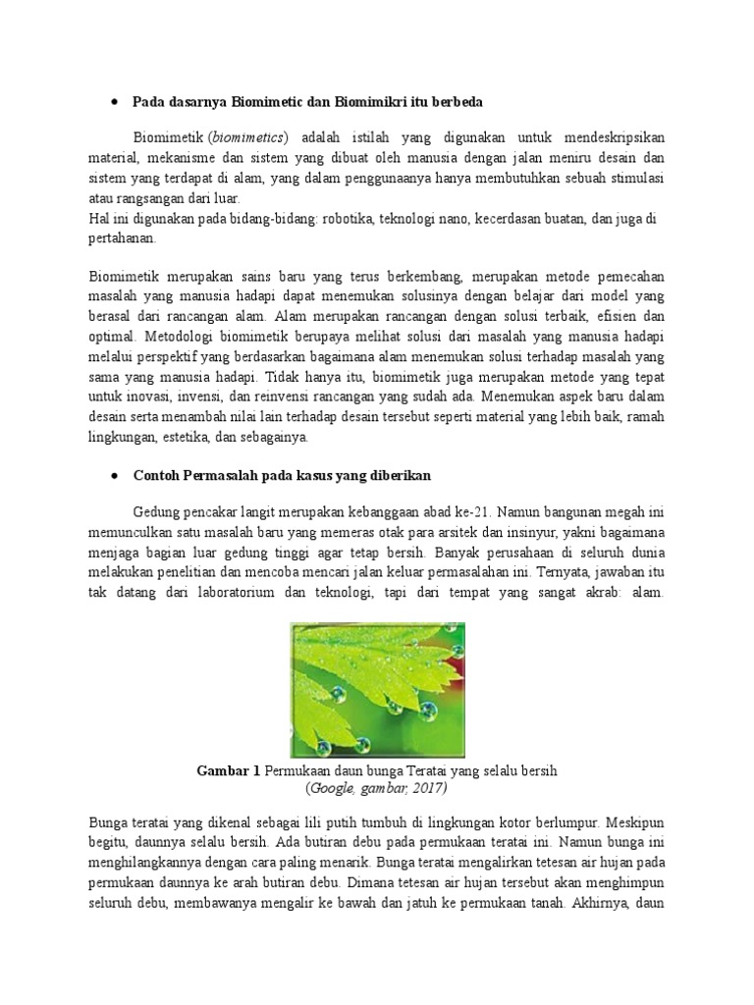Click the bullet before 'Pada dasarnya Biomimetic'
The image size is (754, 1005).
click(115, 102)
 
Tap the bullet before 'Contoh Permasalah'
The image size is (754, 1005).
click(115, 475)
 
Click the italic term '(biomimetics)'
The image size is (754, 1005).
click(247, 137)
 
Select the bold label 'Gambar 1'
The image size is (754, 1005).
click(229, 771)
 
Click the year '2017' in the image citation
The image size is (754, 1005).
click(428, 788)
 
